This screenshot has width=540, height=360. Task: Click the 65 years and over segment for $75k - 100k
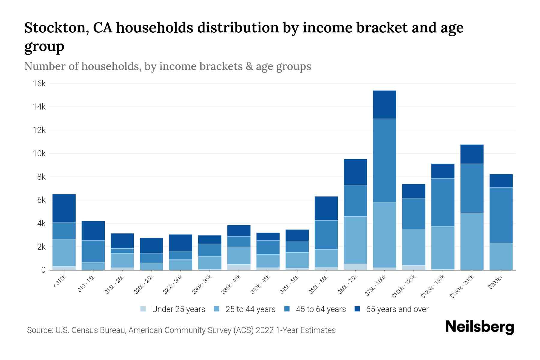pos(384,105)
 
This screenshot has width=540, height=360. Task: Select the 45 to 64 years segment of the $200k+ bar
pos(501,215)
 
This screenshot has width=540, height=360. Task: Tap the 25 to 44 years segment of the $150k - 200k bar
pos(472,241)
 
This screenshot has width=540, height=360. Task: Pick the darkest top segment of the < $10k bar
pos(64,208)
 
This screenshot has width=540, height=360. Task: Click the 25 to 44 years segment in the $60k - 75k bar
pos(355,240)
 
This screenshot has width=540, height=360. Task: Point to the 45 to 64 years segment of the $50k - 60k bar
pos(326,235)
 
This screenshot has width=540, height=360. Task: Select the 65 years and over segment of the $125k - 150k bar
pos(442,171)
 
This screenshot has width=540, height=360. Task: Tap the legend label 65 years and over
pos(397,309)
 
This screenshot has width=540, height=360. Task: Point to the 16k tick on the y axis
pos(39,83)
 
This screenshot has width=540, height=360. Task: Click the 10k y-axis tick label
pos(39,154)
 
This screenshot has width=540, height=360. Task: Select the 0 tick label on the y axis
pos(43,270)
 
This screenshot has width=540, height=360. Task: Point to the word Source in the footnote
pos(39,330)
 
